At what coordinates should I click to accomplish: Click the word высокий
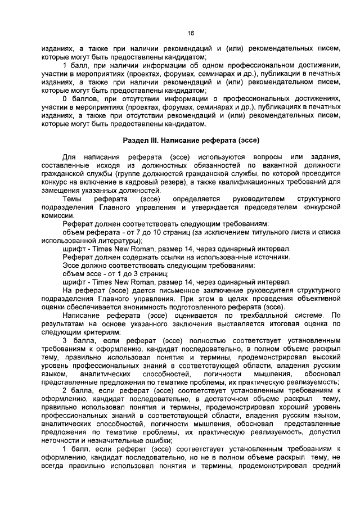(326, 357)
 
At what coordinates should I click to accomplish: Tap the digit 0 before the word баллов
(65, 99)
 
